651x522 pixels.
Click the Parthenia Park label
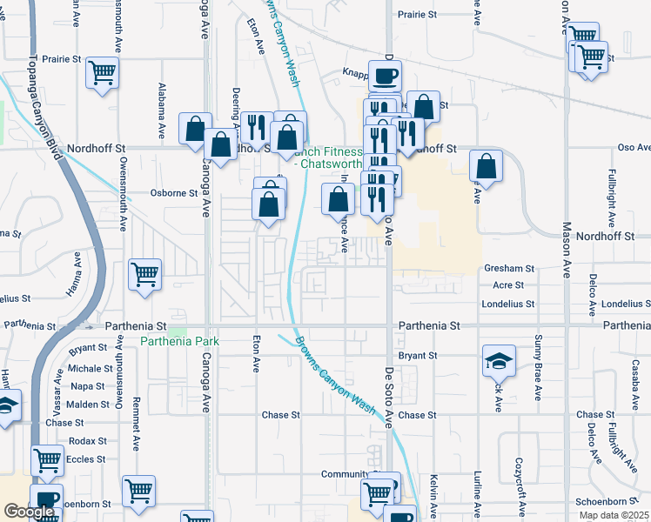(x=179, y=342)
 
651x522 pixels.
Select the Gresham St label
(x=508, y=270)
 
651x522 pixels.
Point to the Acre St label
(x=508, y=284)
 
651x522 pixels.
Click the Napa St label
(x=87, y=386)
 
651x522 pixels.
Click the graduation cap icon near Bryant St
(x=500, y=358)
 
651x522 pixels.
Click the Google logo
(x=29, y=512)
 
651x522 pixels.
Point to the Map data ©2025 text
(x=614, y=515)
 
